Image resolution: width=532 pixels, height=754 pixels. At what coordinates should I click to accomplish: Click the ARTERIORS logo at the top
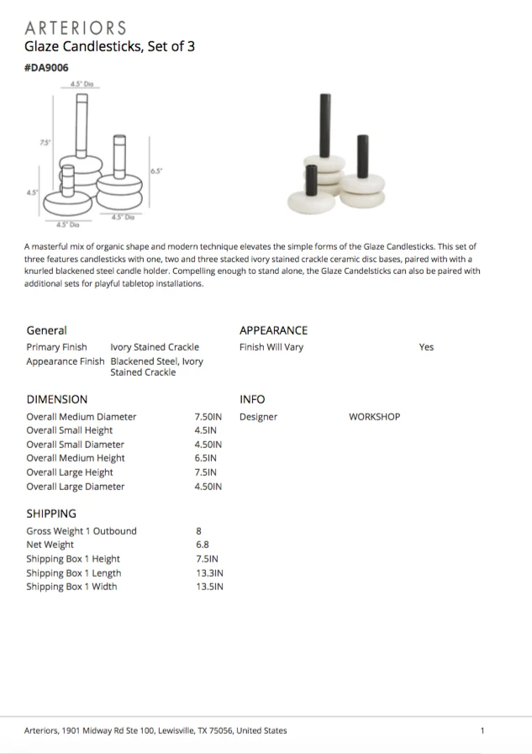[76, 29]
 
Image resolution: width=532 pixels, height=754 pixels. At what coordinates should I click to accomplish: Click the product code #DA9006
[45, 68]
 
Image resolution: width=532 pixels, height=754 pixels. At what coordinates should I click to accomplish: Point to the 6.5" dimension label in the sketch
[156, 171]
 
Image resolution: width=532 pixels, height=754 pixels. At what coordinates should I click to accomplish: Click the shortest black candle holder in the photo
[310, 180]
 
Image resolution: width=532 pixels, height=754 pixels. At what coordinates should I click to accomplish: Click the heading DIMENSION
[56, 399]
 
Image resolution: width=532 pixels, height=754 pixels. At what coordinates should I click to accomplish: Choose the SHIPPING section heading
[50, 513]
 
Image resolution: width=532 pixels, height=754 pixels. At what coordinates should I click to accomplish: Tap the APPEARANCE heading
[273, 330]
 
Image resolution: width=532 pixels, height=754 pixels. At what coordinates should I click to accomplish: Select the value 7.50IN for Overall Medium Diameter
[208, 417]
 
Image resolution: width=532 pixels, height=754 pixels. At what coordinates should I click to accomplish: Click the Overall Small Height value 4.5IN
[206, 430]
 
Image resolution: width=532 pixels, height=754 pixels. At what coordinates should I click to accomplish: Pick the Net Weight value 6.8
[202, 545]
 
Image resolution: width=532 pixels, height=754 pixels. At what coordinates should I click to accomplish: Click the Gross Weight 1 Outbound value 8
[198, 531]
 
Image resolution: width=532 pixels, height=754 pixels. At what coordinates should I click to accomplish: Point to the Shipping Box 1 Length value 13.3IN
[208, 572]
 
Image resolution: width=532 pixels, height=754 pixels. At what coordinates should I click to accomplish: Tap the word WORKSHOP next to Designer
[374, 417]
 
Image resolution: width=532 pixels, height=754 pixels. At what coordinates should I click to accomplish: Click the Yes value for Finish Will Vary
[426, 347]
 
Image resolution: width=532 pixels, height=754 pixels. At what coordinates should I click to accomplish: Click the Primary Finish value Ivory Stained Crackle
[155, 347]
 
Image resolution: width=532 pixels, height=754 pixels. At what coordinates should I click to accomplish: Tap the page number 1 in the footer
[482, 730]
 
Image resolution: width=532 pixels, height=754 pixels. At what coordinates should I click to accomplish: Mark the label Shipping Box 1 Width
[71, 587]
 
